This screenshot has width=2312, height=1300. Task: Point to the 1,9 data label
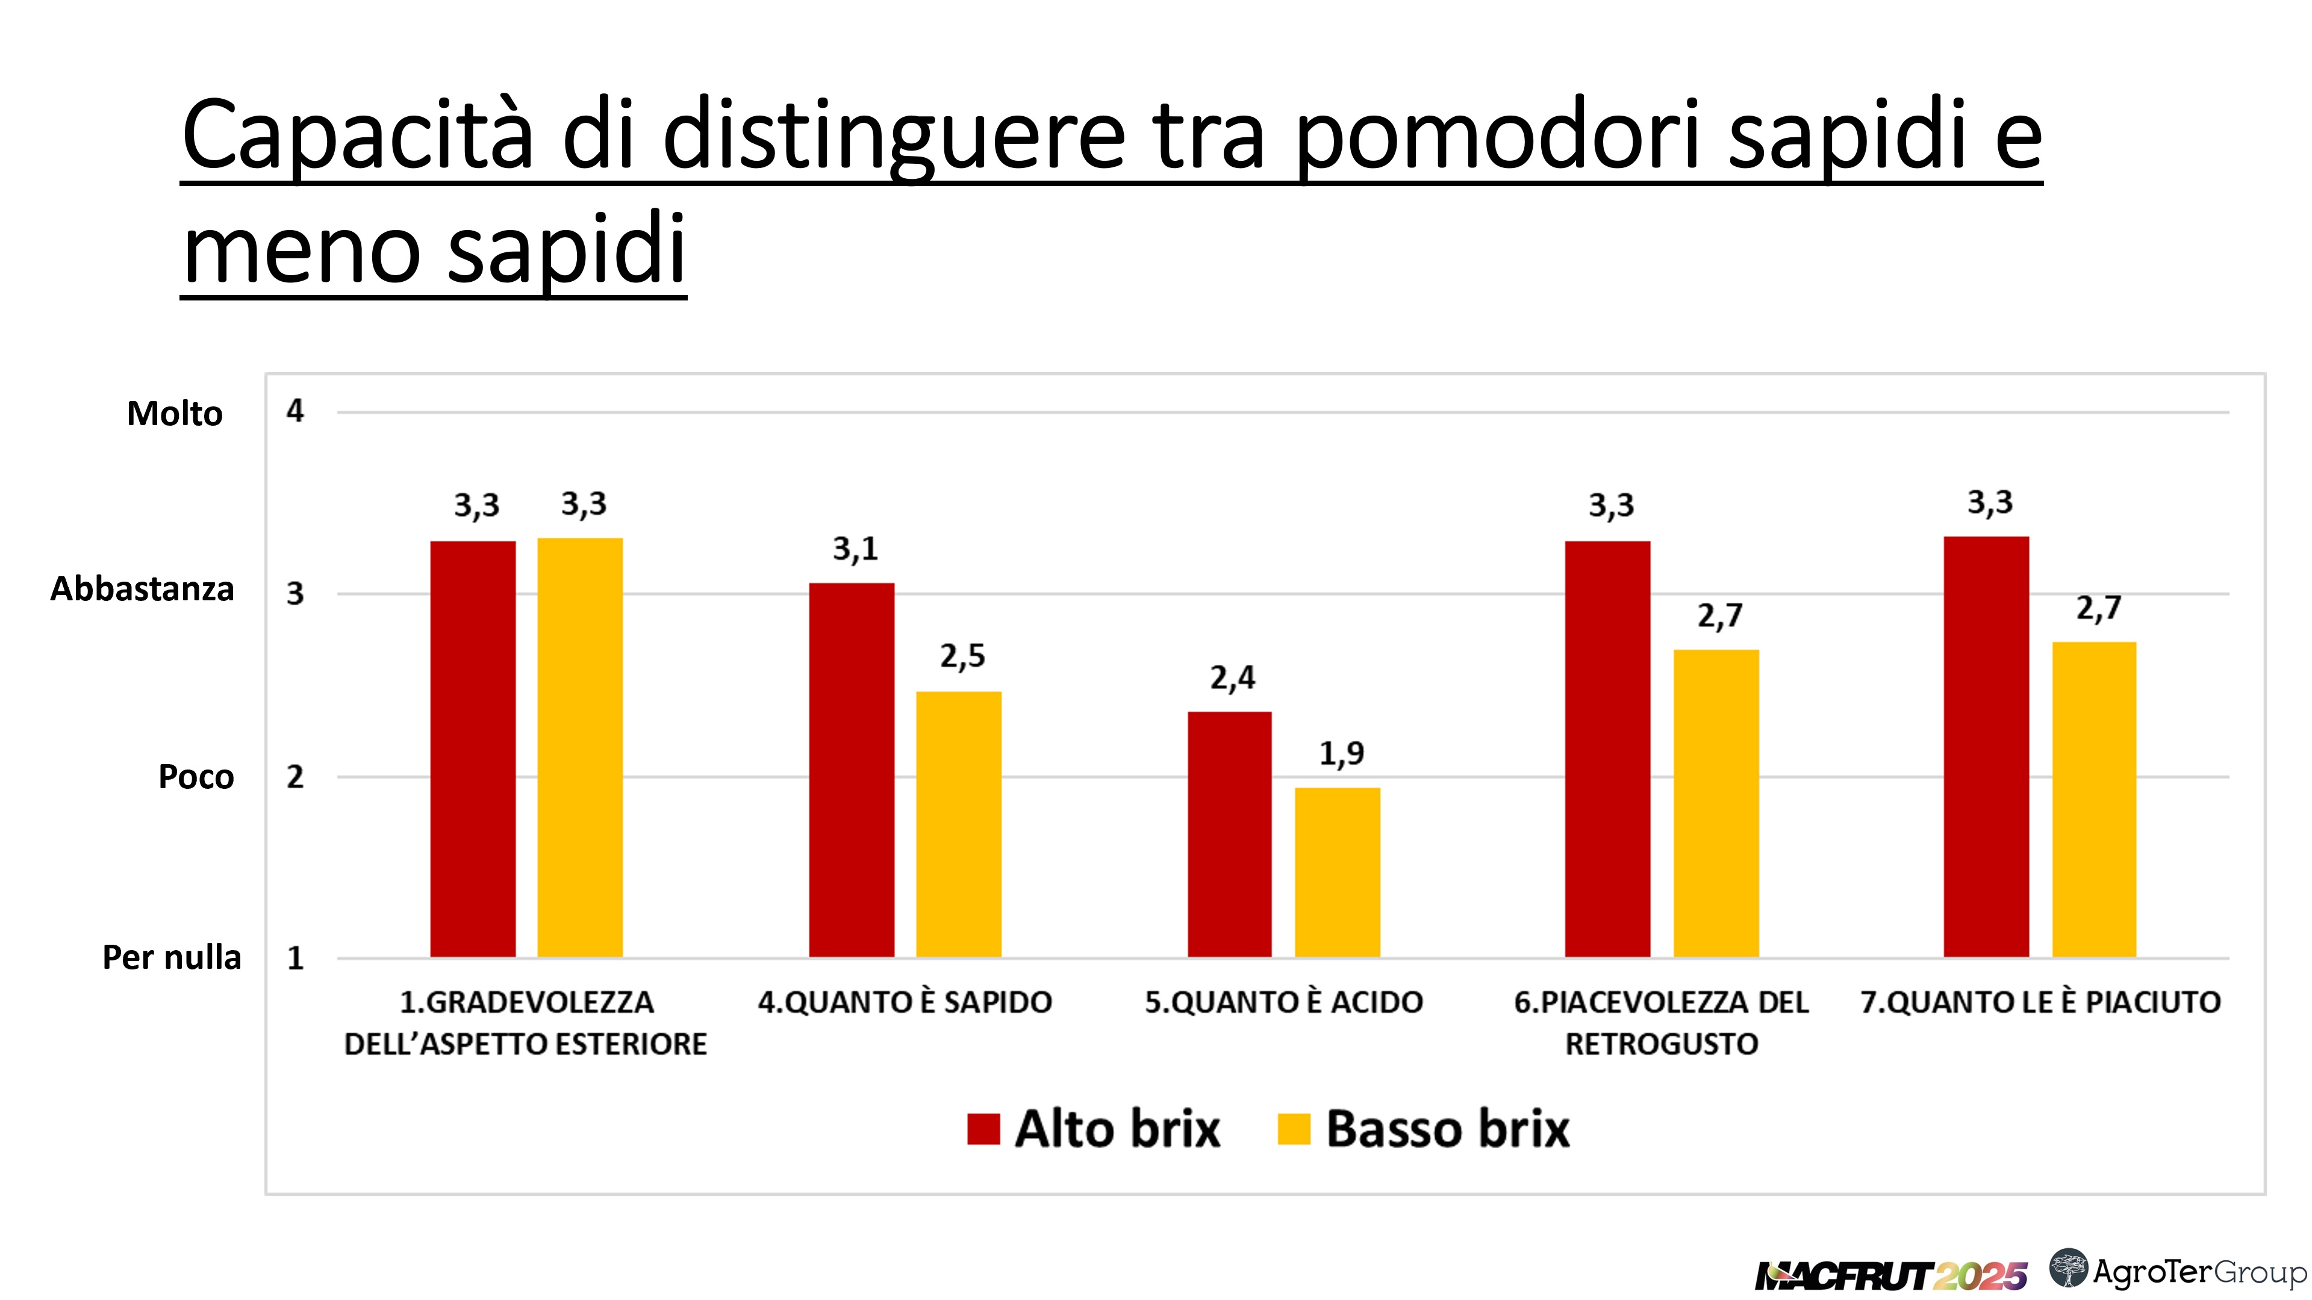pos(1341,754)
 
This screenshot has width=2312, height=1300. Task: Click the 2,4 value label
pos(1232,678)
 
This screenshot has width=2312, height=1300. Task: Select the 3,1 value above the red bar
pos(855,548)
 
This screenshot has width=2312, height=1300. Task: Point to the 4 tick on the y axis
pos(295,412)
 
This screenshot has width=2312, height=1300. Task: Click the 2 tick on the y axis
pos(295,777)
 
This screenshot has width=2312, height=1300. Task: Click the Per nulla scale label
pos(172,957)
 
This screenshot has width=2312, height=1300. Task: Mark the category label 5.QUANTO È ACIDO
pos(1283,1002)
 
